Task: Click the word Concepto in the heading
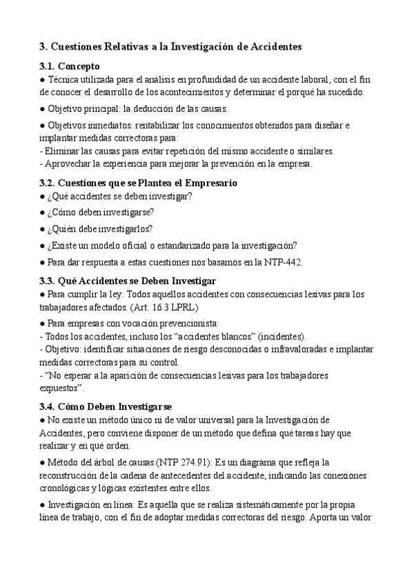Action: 79,67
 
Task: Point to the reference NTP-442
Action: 284,262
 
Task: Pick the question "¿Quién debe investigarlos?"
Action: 97,229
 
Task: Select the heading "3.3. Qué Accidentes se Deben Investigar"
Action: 128,281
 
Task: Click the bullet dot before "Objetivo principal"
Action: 43,109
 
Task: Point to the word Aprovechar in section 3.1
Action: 70,163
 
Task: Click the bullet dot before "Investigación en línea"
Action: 43,506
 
